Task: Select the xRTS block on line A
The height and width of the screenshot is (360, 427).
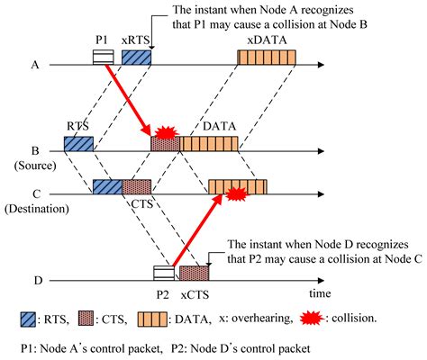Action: click(x=136, y=58)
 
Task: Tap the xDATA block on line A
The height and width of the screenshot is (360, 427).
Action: click(x=268, y=58)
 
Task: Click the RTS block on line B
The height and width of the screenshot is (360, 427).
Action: click(x=78, y=143)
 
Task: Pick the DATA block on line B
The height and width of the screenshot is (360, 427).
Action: click(x=210, y=143)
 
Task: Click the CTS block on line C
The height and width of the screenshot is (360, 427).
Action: click(x=137, y=187)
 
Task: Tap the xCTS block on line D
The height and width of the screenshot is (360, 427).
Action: click(x=194, y=273)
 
